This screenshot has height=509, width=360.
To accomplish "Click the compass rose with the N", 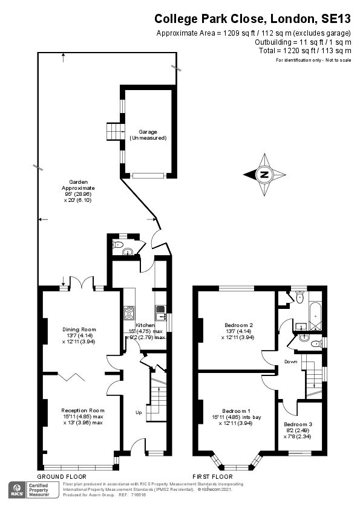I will tap(264, 175).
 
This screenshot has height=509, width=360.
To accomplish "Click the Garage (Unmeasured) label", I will tap(148, 135).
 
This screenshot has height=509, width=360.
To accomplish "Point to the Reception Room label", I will tap(79, 416).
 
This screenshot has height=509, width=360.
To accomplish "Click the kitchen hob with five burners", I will tap(129, 313).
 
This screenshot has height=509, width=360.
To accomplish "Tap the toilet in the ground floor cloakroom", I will tap(118, 245).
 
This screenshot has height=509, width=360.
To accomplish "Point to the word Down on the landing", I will tap(291, 361).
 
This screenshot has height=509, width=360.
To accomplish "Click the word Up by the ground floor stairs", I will tap(139, 413).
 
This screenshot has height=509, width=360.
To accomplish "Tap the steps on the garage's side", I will tap(114, 131).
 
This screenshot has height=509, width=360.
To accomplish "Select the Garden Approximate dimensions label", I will tap(78, 190).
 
